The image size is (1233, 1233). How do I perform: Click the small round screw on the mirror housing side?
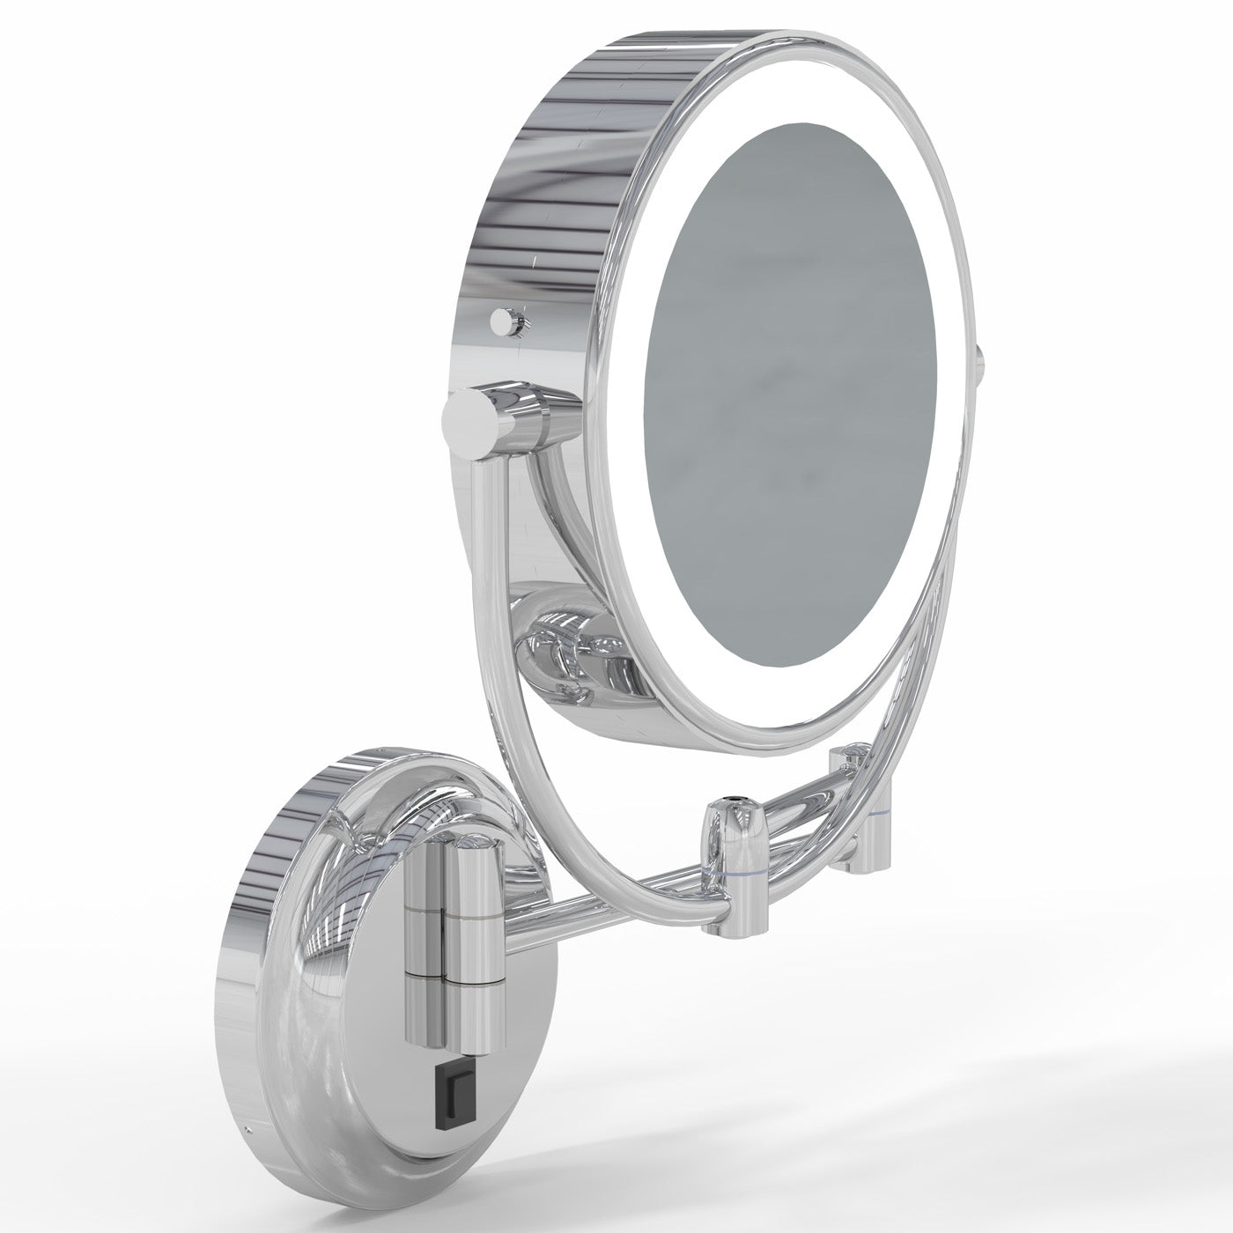coord(504,321)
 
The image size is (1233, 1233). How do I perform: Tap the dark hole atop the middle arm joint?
coord(729,802)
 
